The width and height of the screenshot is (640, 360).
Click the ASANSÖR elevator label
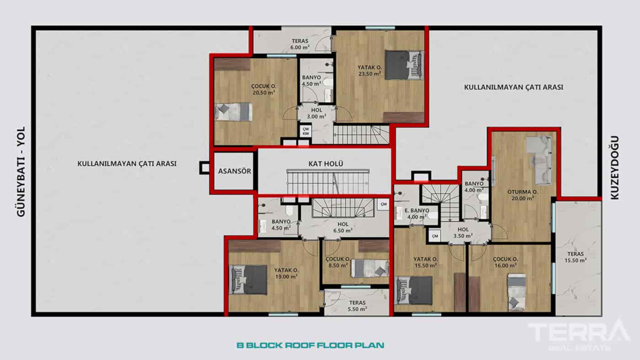click(234, 171)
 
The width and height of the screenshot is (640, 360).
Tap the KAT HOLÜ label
click(325, 164)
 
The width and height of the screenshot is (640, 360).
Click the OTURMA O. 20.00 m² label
click(523, 195)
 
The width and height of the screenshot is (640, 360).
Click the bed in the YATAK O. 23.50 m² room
click(404, 65)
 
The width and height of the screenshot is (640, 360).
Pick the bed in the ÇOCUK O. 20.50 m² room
click(234, 111)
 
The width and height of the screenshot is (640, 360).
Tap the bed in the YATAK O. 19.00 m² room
click(248, 280)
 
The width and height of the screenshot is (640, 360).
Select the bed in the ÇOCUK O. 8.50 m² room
click(369, 268)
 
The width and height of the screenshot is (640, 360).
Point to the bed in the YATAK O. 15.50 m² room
click(414, 290)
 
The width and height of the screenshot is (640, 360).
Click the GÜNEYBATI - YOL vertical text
click(20, 171)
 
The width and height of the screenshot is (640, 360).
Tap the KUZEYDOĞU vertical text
click(615, 167)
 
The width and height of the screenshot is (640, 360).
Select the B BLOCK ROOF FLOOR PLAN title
click(310, 345)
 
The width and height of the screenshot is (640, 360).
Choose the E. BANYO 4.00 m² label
click(416, 213)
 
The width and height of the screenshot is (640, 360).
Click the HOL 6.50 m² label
click(343, 228)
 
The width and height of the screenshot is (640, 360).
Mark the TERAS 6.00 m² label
click(300, 44)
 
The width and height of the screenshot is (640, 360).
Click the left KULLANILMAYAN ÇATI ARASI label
click(127, 164)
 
